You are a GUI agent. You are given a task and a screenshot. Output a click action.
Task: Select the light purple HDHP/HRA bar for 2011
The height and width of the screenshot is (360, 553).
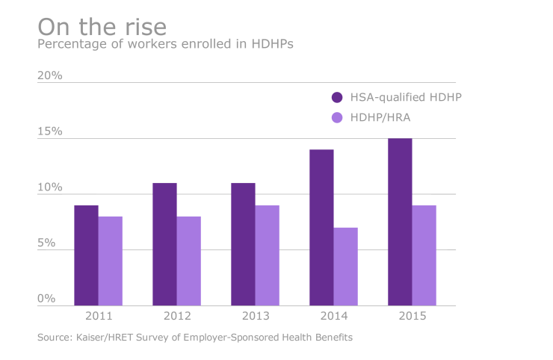111,261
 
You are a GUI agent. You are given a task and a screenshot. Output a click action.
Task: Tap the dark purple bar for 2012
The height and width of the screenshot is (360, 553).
164,244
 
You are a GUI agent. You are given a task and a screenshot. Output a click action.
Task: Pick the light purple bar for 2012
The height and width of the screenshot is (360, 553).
189,261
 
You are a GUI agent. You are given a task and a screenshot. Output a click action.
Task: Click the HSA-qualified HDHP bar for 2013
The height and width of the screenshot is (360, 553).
243,244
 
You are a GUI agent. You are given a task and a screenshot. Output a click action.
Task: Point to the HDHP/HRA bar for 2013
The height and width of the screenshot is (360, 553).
268,255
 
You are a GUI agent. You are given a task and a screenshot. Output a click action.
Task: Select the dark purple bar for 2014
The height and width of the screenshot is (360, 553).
321,228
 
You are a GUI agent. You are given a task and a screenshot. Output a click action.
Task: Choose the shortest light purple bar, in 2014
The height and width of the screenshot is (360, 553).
346,267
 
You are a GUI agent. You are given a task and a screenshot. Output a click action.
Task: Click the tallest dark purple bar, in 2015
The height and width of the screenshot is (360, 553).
400,222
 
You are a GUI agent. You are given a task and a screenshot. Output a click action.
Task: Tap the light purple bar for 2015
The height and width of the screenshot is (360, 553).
424,255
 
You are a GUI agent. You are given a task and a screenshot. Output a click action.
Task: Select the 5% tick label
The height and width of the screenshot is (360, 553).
46,243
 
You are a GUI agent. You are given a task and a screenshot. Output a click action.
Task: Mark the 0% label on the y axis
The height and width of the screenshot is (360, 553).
46,299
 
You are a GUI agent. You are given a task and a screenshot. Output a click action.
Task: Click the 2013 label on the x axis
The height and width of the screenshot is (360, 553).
255,316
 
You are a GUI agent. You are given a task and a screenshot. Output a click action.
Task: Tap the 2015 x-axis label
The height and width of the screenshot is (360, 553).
412,316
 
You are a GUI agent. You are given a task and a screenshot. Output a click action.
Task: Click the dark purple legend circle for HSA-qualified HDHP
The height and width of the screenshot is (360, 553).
337,97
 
